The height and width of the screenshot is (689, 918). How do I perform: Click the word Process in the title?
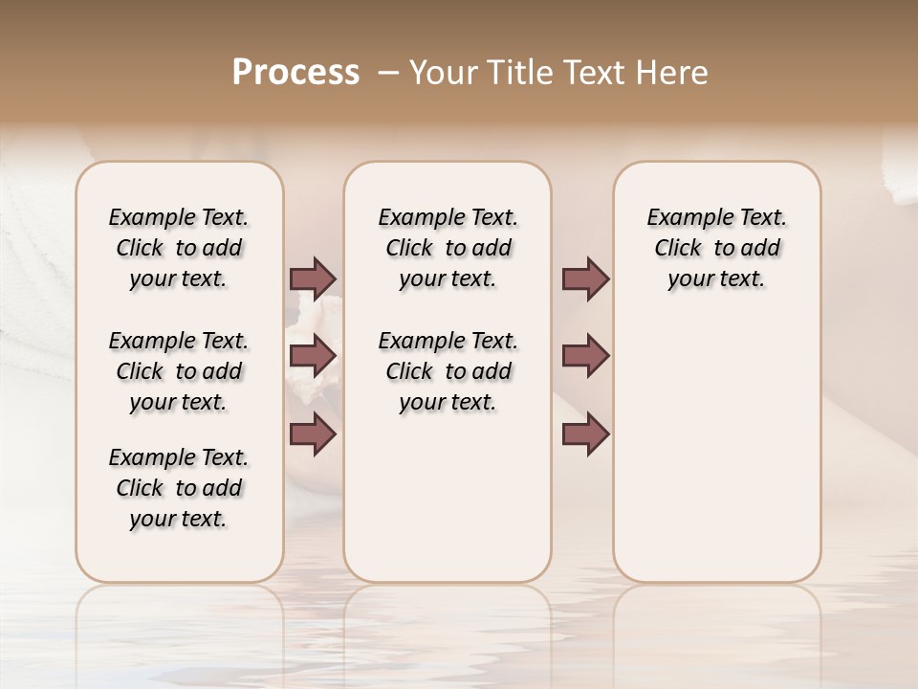pos(295,73)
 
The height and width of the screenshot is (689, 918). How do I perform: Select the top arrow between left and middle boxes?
pos(313,278)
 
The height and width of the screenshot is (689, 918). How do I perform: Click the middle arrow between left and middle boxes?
pos(313,356)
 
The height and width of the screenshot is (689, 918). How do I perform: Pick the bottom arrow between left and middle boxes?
pos(313,434)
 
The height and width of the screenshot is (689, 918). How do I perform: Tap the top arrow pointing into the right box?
pos(585,278)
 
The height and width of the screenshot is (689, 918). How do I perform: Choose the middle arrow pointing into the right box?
pos(585,356)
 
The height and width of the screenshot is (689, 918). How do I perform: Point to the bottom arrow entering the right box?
pos(585,434)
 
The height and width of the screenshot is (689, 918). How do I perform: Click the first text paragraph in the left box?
pos(179,248)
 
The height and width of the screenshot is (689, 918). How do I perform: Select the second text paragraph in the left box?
pos(179,371)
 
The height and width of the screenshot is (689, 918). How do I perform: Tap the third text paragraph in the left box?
pos(179,488)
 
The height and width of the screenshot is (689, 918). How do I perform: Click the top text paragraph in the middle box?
pos(448,248)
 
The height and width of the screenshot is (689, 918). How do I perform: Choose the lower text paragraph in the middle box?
pos(448,371)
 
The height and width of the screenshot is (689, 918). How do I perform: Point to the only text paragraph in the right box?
pos(716,248)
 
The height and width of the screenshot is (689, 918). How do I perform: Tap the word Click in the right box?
pos(678,249)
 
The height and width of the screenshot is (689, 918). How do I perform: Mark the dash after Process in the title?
pos(389,73)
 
